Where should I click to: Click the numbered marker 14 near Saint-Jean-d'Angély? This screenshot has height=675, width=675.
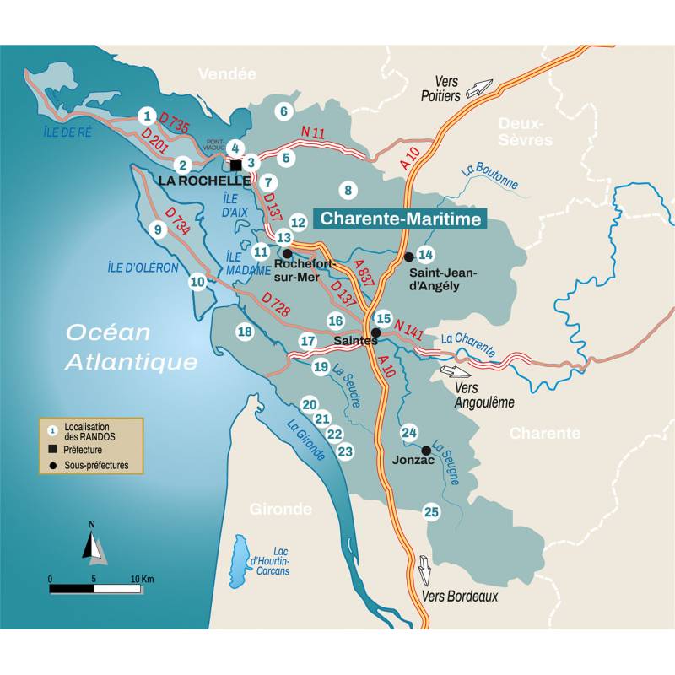click(x=425, y=254)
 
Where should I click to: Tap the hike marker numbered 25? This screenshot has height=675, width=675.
click(x=431, y=511)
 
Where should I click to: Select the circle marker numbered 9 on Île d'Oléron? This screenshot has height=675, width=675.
click(x=155, y=229)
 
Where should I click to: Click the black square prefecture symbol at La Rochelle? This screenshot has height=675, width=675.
click(x=236, y=165)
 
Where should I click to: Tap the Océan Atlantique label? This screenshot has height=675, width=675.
click(x=132, y=347)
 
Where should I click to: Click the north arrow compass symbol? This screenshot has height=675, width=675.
click(x=94, y=544)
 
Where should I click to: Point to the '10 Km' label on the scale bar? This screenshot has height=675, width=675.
click(x=142, y=580)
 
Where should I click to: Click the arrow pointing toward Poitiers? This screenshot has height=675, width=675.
click(x=478, y=88)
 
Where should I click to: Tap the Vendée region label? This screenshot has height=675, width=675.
click(x=226, y=74)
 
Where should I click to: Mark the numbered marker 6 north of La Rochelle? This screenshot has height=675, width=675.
click(x=283, y=111)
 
